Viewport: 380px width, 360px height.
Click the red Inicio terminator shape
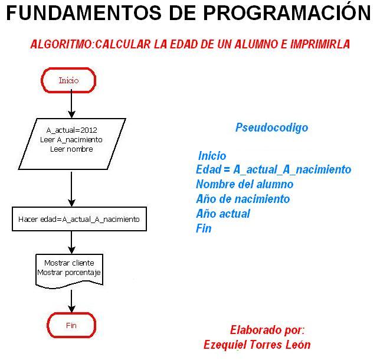click(68, 80)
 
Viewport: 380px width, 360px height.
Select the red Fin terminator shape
click(71, 325)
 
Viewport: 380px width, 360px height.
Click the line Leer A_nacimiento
click(71, 140)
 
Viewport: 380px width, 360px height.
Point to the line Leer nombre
click(71, 149)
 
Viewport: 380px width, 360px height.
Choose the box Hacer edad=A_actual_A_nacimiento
click(79, 219)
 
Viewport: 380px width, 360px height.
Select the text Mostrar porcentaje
click(70, 273)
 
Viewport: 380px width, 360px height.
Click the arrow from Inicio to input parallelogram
click(71, 105)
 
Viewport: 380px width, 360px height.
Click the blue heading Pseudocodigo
click(271, 127)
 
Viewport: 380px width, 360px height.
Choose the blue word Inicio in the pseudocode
click(212, 156)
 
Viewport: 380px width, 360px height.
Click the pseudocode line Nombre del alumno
click(244, 184)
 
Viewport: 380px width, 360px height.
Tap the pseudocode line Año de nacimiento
click(243, 199)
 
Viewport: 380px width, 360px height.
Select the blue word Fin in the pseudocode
click(204, 228)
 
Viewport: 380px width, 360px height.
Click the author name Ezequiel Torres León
click(257, 345)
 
